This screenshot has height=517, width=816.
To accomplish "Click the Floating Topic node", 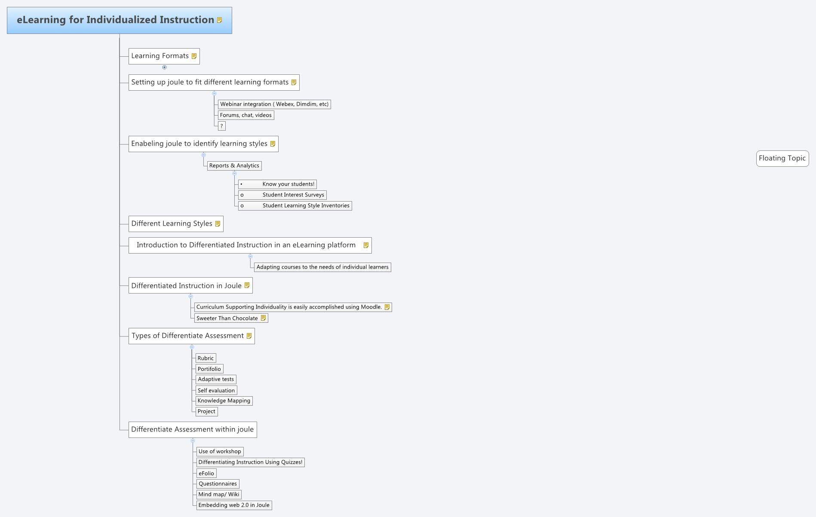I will pos(782,158).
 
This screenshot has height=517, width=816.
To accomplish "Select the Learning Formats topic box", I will pos(160,56).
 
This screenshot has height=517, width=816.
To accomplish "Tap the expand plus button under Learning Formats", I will pos(164,67).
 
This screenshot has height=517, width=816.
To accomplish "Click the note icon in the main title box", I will pos(219,20).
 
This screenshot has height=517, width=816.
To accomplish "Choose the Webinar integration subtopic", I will pos(274,104).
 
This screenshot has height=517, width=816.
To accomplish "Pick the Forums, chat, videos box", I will pos(245,115).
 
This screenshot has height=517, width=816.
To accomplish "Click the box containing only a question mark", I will pos(221,126).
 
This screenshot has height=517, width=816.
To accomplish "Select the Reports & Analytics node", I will pos(234,165).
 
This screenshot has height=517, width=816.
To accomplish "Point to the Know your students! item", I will pos(277,184).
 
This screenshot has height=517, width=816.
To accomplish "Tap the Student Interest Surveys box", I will pos(282,195).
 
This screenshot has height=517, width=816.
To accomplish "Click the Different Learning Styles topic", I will pos(172,223).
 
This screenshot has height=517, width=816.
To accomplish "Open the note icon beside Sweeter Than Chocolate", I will pos(264,318).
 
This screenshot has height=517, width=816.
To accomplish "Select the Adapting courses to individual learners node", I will pos(322,267).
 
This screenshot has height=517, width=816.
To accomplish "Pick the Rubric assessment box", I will pos(206,358).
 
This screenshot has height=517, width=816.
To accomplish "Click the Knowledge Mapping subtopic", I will pos(224,401).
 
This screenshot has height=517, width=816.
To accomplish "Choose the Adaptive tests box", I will pos(216,379).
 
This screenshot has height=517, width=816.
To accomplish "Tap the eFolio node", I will pos(206,473).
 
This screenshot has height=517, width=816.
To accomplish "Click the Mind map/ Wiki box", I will pos(218,494).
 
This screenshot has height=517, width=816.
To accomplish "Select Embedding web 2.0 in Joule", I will pos(233,505).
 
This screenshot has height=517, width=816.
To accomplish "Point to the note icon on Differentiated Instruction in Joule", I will pos(247,285).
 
